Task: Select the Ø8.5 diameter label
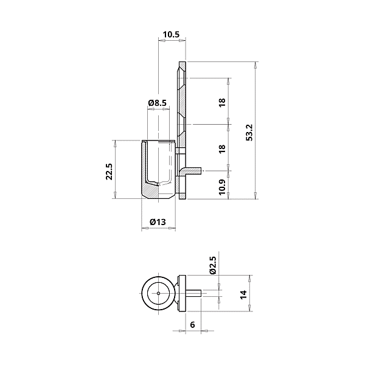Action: point(158,103)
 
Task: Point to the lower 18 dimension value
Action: point(223,148)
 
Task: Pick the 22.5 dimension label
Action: point(109,172)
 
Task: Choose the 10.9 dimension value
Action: point(223,186)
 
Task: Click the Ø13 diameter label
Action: point(158,223)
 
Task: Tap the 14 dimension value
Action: point(243,294)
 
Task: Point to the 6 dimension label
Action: point(192,325)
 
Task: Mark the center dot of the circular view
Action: point(158,293)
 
